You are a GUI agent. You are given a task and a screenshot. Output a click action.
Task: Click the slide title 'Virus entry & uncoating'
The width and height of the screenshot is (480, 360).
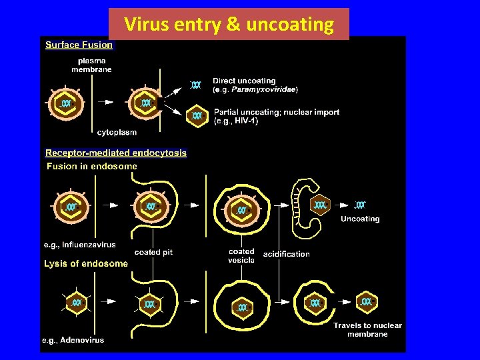229,25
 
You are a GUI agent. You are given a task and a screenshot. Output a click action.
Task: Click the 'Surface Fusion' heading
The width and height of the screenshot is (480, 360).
79,45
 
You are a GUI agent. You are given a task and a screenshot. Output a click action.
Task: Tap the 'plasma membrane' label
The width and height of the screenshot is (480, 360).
93,65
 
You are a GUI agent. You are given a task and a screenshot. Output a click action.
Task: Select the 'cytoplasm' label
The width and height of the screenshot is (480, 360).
117,132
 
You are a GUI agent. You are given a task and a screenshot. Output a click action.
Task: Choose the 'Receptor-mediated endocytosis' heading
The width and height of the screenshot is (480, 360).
116,153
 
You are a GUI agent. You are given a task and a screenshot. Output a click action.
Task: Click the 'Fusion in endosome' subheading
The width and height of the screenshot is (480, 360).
91,166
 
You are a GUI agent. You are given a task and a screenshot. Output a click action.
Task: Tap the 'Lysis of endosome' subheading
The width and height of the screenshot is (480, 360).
85,263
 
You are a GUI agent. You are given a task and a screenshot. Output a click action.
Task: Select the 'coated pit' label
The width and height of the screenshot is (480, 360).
153,252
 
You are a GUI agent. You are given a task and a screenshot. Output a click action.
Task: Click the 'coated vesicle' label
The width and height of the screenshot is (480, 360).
241,255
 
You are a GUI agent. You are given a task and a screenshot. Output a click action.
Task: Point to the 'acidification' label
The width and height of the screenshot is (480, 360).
287,254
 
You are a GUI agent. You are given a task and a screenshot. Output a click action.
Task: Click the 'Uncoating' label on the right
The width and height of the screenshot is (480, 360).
360,219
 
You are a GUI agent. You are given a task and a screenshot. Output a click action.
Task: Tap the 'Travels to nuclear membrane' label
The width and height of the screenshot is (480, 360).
367,329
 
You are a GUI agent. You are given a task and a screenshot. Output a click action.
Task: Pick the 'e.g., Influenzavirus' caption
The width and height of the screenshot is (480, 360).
79,245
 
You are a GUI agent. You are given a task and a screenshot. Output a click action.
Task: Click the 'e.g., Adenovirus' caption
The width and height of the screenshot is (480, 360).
73,340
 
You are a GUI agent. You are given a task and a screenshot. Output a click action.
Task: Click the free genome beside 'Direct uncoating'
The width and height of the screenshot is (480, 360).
195,85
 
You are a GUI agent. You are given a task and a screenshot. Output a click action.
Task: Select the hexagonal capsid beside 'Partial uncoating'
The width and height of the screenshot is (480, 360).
197,115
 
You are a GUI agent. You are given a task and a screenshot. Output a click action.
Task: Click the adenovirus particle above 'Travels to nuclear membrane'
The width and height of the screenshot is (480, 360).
366,302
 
